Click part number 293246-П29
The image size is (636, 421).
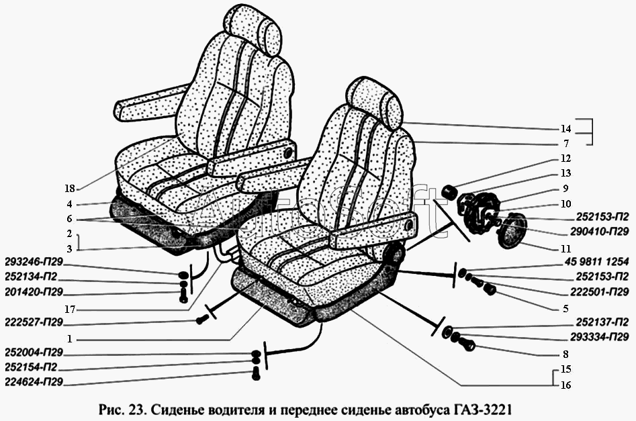tap(34, 262)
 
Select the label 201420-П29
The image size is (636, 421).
tap(34, 293)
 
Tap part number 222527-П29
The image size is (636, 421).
tap(34, 322)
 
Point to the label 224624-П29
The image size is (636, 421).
tap(34, 382)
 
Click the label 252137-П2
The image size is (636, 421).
tap(602, 322)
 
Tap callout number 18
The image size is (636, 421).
tap(70, 189)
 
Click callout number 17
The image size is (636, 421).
tap(70, 310)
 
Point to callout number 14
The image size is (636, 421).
tap(566, 129)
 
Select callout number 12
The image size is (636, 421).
tap(566, 158)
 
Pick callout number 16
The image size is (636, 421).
tap(566, 385)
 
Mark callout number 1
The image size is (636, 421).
tap(70, 338)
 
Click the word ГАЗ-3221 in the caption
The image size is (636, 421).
tap(482, 410)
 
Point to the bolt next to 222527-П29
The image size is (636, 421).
tap(201, 320)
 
